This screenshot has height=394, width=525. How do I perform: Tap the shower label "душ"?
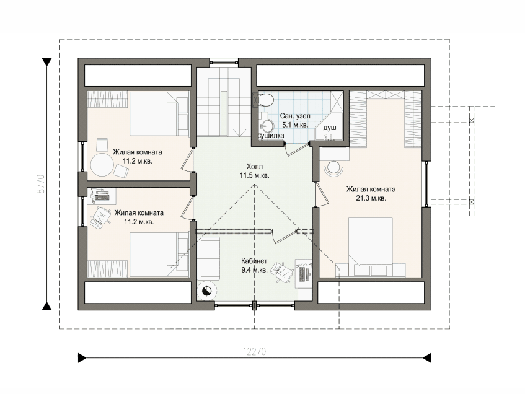point(330,128)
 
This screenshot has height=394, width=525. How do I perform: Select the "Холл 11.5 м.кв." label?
point(255,171)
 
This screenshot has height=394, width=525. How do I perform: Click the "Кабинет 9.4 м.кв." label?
point(255,266)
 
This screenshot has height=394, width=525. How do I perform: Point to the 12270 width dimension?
point(255,351)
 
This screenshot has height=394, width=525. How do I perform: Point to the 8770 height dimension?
point(40,184)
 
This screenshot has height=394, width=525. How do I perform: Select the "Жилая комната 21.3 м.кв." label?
point(371,194)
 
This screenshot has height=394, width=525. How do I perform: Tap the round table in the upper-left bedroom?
point(102,164)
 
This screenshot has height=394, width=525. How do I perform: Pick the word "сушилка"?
point(271,136)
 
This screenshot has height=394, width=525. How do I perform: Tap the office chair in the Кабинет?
point(281,272)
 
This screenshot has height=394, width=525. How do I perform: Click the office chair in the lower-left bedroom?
point(100,217)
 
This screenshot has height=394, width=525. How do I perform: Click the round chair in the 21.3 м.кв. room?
point(334,167)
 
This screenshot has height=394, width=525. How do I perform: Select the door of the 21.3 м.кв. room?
point(321,194)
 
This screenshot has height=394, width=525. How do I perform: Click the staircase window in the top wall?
point(224,62)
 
